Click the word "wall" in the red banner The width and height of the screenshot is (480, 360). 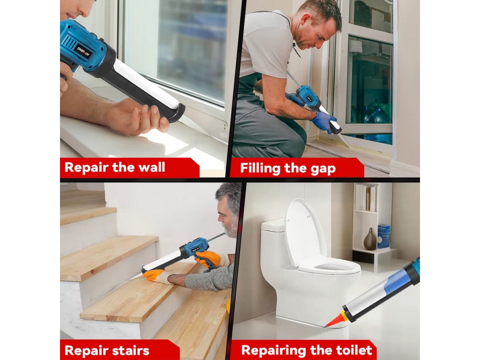click(151, 167)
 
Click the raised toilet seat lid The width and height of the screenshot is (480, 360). click(305, 232)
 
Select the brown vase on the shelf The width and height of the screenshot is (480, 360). click(370, 239)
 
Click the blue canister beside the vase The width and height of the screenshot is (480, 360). click(383, 236)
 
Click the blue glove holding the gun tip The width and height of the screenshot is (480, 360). click(326, 121)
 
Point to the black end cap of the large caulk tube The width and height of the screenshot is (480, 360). click(177, 113)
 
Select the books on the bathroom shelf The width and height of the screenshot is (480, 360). click(366, 198)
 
